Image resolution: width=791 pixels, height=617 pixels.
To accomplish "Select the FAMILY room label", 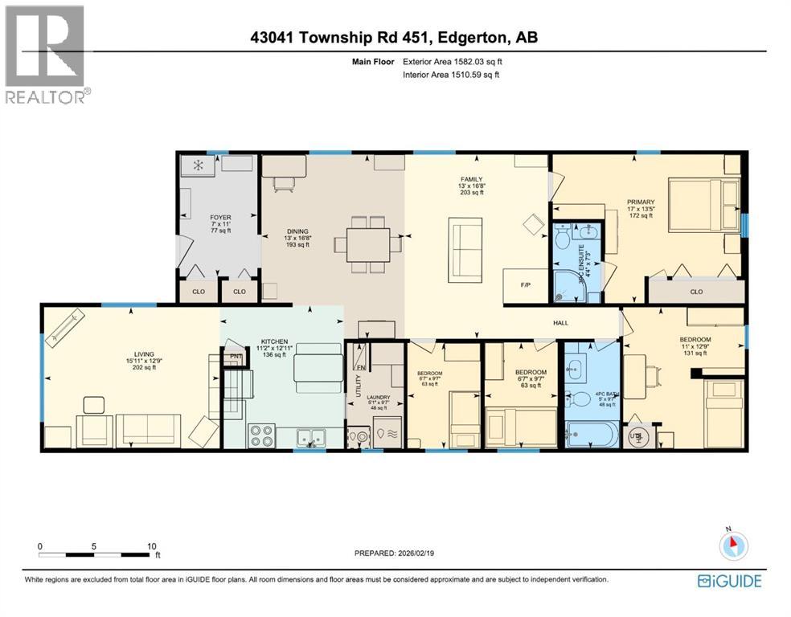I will click(x=470, y=179).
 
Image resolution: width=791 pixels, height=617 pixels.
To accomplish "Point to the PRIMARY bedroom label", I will click(x=641, y=202).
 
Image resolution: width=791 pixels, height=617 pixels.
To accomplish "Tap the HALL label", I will click(x=560, y=323).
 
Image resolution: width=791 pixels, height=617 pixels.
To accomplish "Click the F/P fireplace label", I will click(x=525, y=284).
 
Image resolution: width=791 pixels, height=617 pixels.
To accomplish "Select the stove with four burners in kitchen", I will click(x=261, y=435).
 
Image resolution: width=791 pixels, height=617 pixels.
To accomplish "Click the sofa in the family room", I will click(x=465, y=247).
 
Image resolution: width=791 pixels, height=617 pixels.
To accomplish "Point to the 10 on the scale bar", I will click(x=152, y=545).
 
